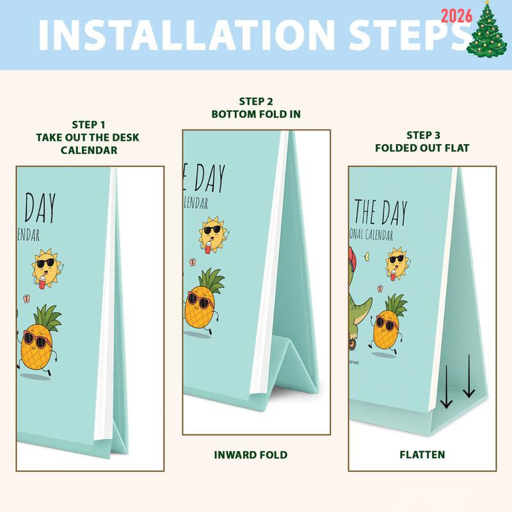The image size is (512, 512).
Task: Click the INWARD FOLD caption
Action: [250, 455]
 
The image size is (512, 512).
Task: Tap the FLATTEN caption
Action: [422, 455]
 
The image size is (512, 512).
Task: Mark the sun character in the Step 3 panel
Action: [397, 262]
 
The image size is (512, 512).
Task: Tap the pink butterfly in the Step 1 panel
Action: [27, 298]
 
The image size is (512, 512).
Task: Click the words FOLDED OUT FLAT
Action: [423, 148]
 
